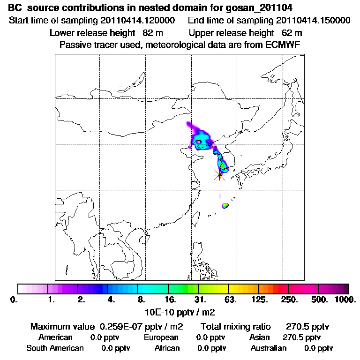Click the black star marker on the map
[x=219, y=175]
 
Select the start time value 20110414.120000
[x=138, y=21]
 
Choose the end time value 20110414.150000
[x=313, y=21]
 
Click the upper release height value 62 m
[x=292, y=33]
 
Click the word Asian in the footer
[x=260, y=337]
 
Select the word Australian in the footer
[x=269, y=348]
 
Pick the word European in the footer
[x=161, y=337]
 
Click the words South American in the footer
[x=55, y=348]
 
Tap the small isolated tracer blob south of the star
[x=225, y=205]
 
